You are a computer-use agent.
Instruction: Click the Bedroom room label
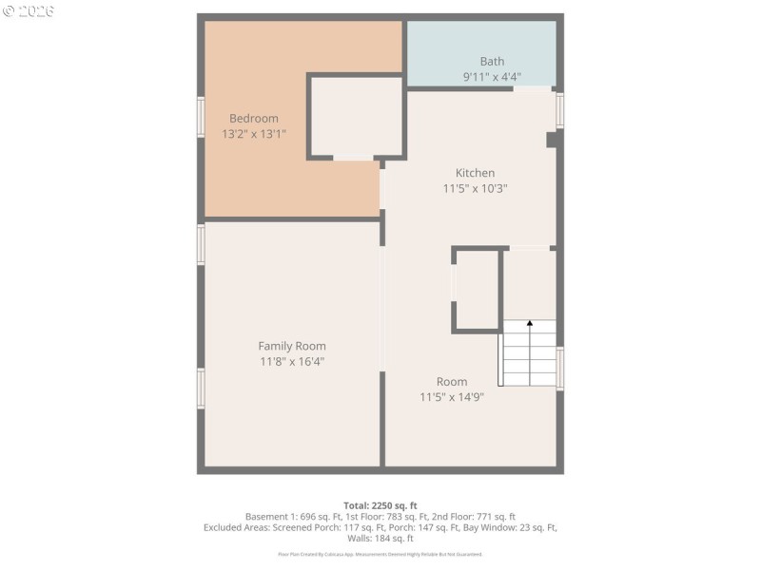253,119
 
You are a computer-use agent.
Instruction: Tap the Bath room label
492,62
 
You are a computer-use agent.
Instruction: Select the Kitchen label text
475,173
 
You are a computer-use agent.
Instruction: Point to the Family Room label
292,346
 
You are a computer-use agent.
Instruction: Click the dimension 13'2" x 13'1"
253,135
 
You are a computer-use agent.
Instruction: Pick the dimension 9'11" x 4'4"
492,77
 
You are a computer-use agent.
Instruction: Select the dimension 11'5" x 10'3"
475,188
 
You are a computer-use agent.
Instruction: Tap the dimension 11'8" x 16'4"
292,361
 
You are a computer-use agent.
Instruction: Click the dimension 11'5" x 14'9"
452,397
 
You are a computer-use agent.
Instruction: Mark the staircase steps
529,356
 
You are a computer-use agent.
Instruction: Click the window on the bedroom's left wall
201,117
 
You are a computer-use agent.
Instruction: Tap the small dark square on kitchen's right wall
552,139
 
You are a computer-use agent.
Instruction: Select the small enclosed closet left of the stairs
477,289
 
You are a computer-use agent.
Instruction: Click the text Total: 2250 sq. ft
380,504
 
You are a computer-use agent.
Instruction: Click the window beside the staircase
559,369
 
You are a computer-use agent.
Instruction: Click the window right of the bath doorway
559,110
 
